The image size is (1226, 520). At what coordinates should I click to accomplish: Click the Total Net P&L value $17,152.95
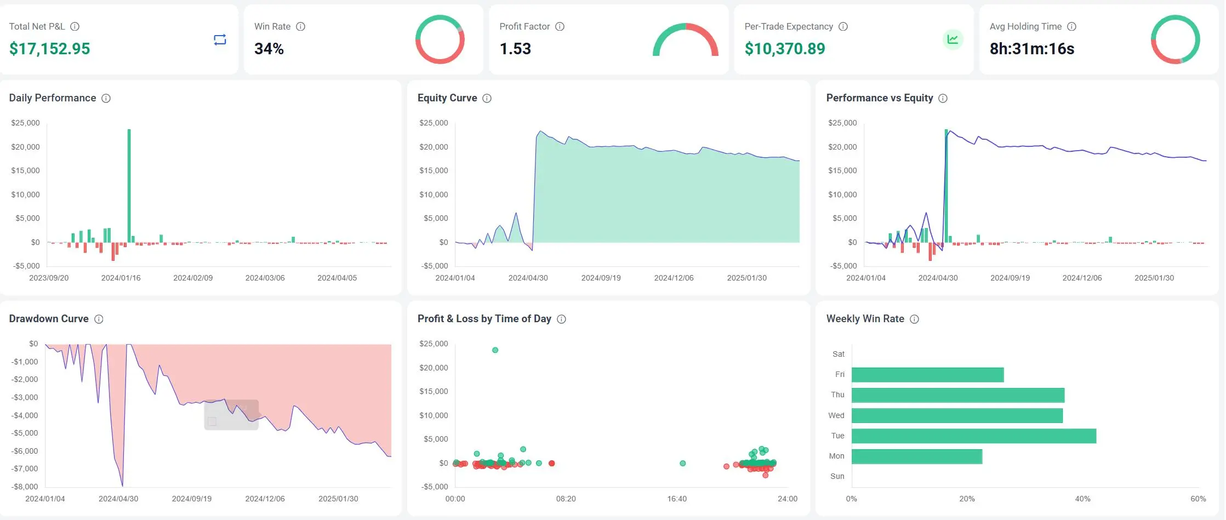tap(49, 49)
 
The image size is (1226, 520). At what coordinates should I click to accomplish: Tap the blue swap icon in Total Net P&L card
tap(220, 39)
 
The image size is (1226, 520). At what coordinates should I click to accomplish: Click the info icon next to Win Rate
tap(300, 26)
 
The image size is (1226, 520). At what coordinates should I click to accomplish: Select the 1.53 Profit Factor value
tap(515, 49)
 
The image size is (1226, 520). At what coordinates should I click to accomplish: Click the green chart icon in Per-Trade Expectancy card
tap(953, 39)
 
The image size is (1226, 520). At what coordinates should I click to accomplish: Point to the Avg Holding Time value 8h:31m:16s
tap(1031, 49)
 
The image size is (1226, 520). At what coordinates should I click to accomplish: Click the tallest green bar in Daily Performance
tap(129, 186)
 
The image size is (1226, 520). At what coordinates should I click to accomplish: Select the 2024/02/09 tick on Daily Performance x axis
tap(193, 278)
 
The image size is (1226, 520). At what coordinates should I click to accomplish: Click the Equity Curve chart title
tap(447, 98)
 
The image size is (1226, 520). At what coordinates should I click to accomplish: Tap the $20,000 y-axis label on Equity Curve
tap(434, 147)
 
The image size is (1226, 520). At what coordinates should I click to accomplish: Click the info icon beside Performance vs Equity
tap(943, 98)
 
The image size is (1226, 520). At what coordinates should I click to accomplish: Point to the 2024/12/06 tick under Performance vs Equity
tap(1082, 278)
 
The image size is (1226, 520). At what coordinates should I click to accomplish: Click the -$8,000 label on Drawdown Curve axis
tap(25, 487)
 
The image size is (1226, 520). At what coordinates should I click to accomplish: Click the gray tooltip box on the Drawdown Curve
tap(231, 415)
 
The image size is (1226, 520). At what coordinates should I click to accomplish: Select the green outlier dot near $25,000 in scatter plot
tap(495, 350)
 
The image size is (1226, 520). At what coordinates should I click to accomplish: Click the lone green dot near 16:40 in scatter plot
tap(682, 463)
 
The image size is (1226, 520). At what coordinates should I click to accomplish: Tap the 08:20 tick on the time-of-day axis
tap(566, 499)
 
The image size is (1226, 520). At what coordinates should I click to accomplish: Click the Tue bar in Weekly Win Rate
tap(973, 436)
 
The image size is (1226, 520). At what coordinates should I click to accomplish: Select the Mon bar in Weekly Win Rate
tap(916, 456)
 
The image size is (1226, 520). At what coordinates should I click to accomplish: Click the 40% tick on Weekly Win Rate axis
tap(1082, 499)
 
